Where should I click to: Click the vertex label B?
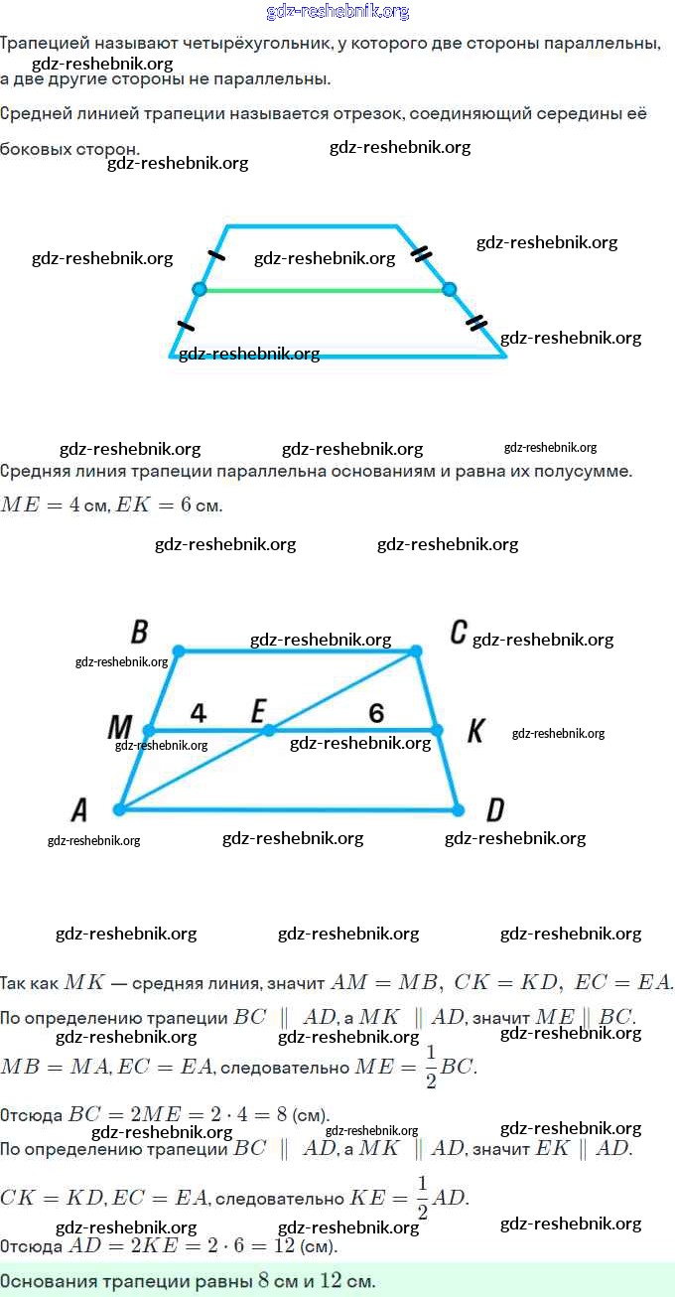tap(140, 632)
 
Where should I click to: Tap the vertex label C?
tap(459, 632)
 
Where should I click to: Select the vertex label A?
tap(79, 809)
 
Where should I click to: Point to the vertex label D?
tap(495, 809)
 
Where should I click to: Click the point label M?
tap(120, 727)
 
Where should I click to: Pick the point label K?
tap(475, 731)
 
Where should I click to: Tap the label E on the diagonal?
tap(259, 710)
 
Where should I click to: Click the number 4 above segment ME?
tap(199, 713)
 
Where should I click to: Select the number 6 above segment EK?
tap(376, 713)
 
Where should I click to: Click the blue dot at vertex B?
tap(179, 650)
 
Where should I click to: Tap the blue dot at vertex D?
tap(458, 809)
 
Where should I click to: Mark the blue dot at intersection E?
tap(269, 731)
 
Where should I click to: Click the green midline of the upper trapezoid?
tap(325, 290)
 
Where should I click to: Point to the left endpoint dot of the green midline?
tap(200, 289)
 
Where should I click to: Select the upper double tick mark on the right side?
tap(421, 253)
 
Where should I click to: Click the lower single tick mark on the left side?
tap(186, 326)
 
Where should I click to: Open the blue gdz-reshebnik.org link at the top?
tap(337, 12)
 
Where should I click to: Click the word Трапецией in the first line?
tap(45, 44)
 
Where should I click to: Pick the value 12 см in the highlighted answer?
tap(346, 1280)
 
